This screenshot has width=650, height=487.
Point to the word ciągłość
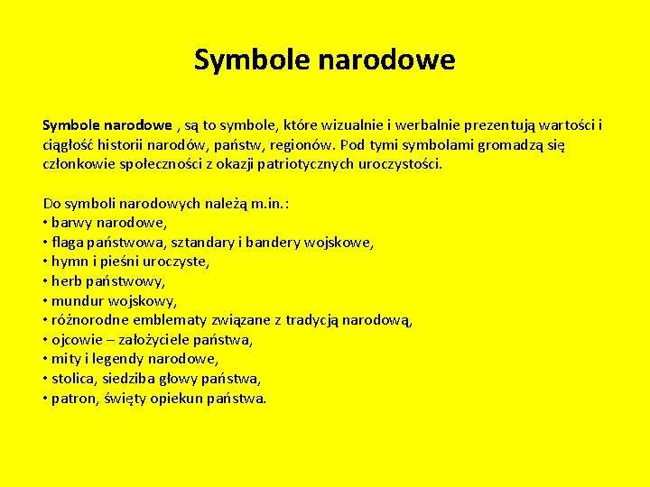(x=69, y=144)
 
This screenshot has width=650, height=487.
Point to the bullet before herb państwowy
(x=45, y=281)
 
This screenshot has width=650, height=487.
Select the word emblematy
(x=172, y=320)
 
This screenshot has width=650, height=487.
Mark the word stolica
(x=75, y=378)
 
